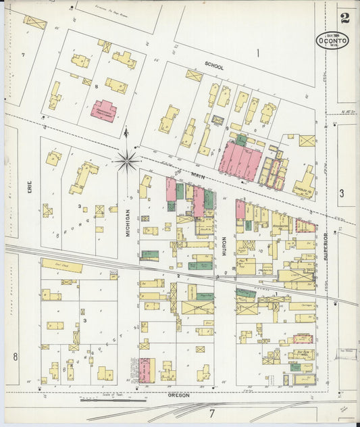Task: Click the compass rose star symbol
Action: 127,161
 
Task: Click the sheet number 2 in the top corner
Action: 345,18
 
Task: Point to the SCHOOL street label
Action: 214,67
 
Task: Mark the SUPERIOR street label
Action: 326,244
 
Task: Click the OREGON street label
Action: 179,395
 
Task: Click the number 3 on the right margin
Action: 342,194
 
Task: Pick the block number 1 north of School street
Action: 257,52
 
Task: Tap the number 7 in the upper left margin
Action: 22,54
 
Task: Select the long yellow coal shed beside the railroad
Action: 61,267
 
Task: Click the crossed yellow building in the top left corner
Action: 35,22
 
